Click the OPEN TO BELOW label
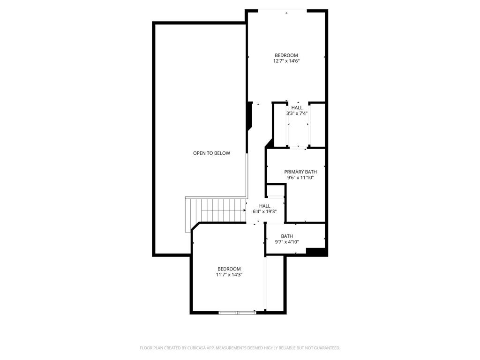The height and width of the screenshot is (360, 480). (211, 153)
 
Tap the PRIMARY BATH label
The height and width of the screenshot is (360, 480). (300, 172)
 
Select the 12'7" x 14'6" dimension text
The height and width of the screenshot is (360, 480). (286, 61)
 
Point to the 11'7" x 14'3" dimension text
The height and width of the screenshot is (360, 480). (229, 275)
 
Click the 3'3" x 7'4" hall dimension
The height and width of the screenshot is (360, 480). (297, 113)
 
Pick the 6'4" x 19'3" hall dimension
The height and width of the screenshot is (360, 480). (265, 212)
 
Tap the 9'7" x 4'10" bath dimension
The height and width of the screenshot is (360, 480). (287, 242)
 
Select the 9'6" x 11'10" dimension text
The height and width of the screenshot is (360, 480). (300, 178)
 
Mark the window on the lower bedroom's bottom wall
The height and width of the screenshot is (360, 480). (237, 312)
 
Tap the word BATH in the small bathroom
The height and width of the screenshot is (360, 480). (287, 236)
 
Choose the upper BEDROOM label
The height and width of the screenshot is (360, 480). (286, 55)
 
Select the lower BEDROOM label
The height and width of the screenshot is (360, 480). (229, 269)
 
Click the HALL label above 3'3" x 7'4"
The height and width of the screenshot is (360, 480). (297, 108)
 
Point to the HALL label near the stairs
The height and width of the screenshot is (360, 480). (265, 206)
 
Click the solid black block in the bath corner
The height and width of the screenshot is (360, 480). (315, 251)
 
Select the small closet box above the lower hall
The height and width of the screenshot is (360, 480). (275, 191)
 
